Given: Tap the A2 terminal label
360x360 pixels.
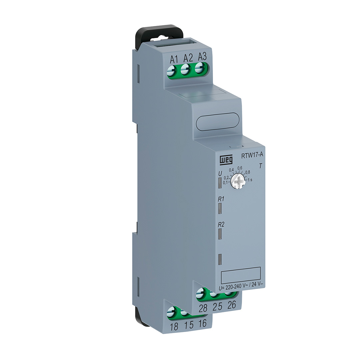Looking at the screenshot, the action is [x=188, y=58].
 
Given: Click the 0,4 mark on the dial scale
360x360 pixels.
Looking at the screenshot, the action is [x=231, y=170].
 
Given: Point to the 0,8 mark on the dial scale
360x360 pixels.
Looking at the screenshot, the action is [x=248, y=172].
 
